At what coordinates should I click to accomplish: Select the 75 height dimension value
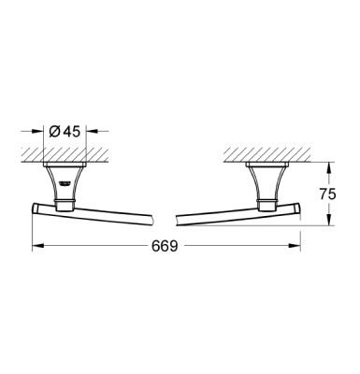point(327,196)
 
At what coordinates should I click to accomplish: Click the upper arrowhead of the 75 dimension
point(326,166)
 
